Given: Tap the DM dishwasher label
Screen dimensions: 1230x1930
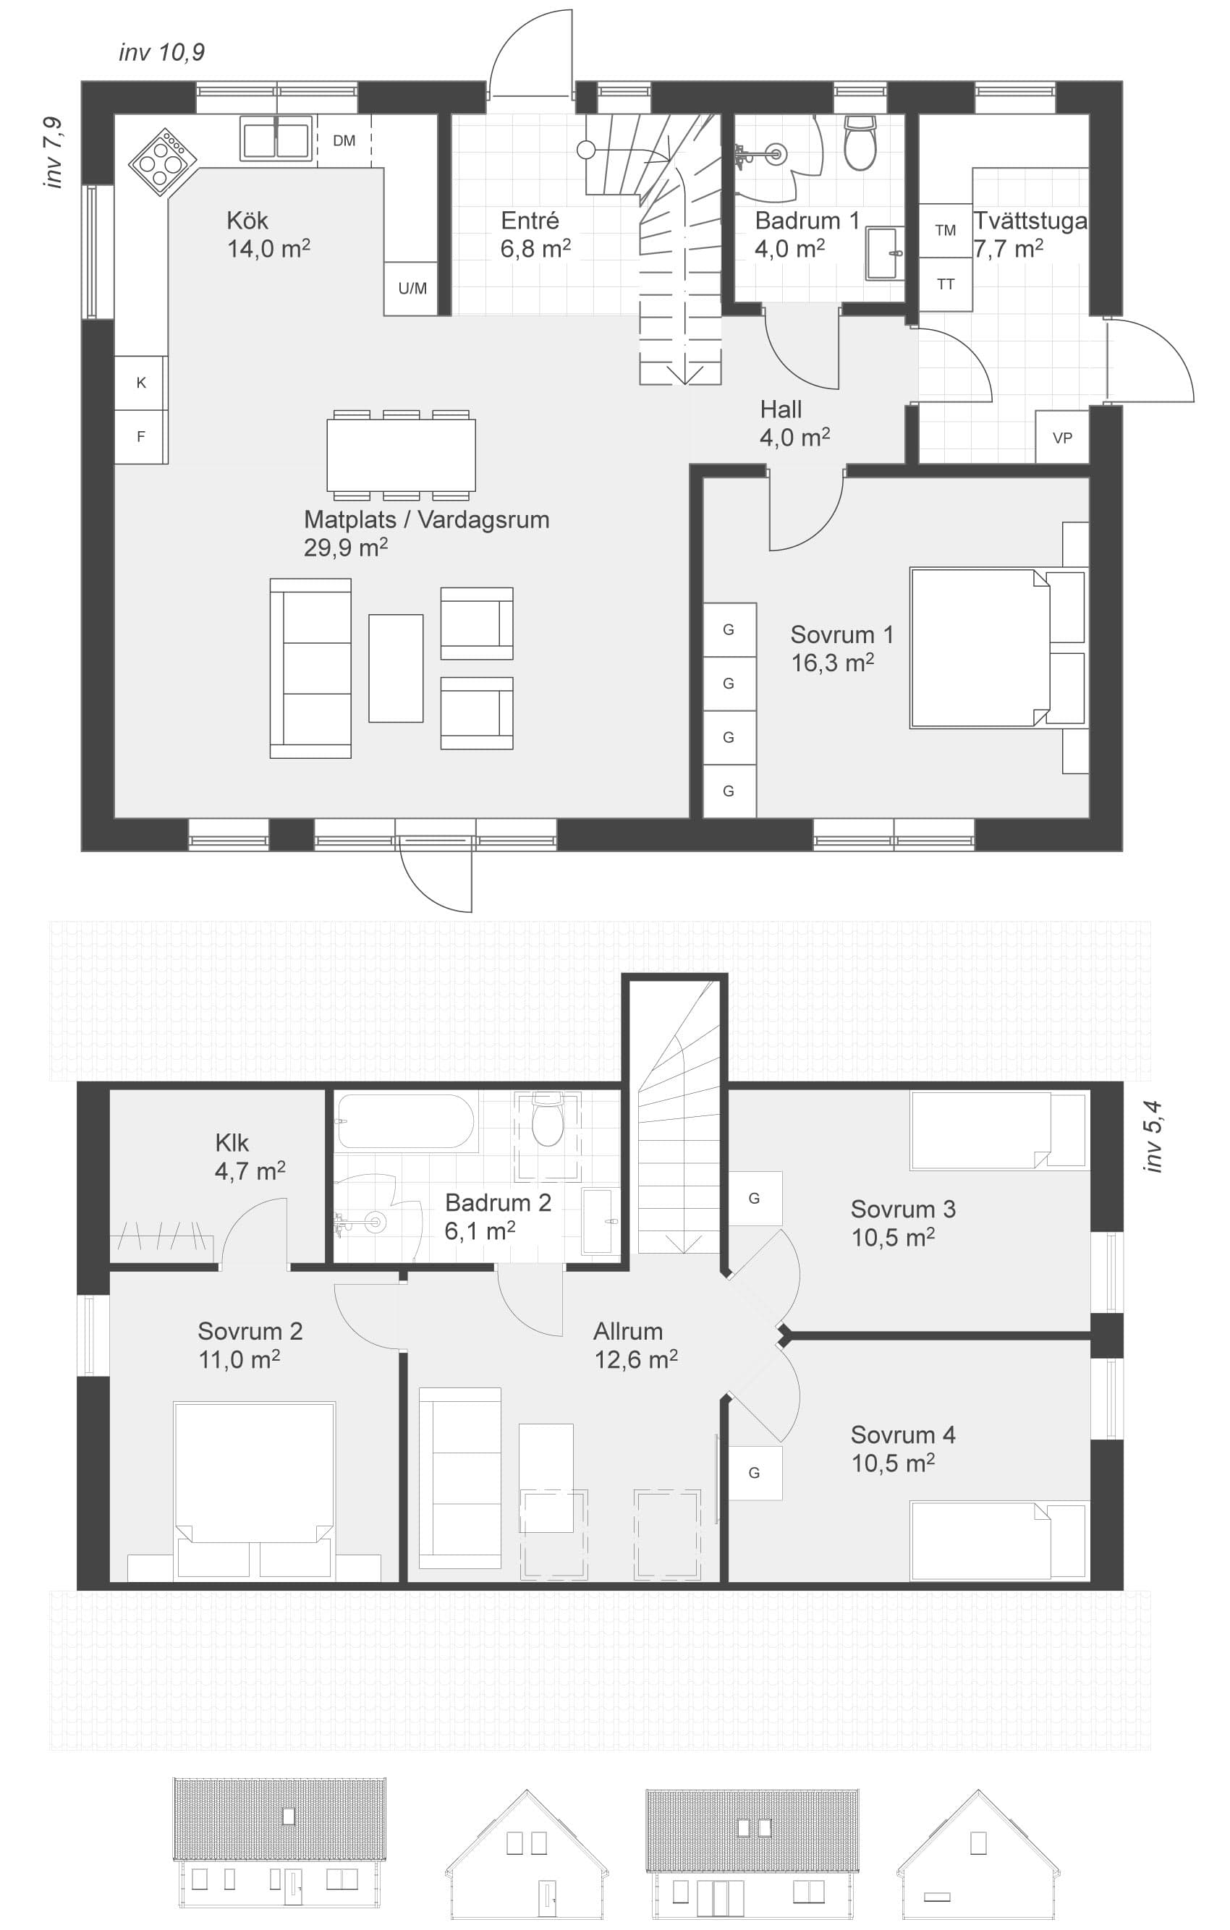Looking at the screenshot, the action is pos(344,141).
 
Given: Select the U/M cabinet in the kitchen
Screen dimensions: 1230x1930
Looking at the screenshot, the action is pos(412,289).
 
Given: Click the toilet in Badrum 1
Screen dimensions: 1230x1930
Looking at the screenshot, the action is pos(860,143).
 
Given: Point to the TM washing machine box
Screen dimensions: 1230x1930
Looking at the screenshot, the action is pos(946,231).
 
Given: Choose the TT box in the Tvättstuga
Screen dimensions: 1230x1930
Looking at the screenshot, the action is pos(946,284).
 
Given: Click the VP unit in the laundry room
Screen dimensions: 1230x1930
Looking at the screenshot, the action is pos(1061,437).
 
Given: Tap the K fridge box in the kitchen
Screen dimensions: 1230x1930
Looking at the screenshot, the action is pos(141,383).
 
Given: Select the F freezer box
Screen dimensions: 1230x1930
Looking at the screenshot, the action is pos(141,437).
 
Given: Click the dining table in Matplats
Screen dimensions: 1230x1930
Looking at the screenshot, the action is pos(401,455).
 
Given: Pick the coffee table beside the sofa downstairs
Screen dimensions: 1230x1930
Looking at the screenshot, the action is pos(396,668).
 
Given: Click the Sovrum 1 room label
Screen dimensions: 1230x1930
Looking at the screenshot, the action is pos(841,648).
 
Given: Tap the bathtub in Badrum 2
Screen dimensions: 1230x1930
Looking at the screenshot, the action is pos(407,1121).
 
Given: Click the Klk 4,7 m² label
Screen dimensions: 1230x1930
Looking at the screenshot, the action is pos(250,1157).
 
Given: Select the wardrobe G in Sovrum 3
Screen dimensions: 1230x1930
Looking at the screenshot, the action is pos(755,1198).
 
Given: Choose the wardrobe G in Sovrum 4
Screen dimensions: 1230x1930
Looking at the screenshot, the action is pos(755,1472).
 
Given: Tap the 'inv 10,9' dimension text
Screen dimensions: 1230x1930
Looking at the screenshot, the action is pos(161,53).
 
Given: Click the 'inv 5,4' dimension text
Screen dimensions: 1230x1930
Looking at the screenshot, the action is pos(1153,1137).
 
